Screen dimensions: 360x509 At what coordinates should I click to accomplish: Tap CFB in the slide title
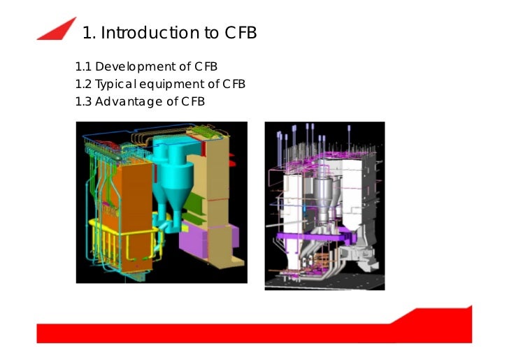coord(241,33)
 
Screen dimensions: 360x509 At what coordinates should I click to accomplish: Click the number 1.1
coord(83,67)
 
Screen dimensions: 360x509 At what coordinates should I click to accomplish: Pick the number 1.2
coord(83,85)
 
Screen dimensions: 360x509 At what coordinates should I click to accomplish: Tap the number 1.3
coord(83,101)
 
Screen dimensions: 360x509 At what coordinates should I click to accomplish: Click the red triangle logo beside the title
coord(57,29)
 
